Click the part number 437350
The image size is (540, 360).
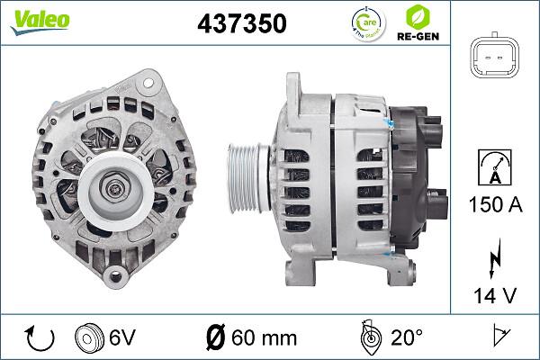point(241,24)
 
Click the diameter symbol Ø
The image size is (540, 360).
point(216,338)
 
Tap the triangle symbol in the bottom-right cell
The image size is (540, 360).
point(498,338)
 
